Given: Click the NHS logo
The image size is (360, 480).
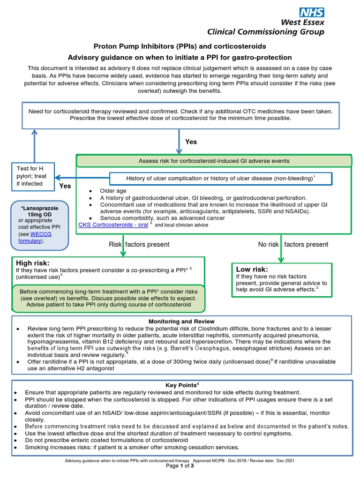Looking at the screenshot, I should (x=312, y=12).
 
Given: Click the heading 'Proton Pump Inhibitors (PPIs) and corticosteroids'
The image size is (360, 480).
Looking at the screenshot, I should (x=180, y=46).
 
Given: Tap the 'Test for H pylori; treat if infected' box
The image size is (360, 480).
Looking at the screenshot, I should (x=33, y=177).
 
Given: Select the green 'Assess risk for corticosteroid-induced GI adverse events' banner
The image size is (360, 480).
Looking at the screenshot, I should (x=214, y=161).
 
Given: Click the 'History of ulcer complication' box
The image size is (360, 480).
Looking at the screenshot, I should (x=220, y=179).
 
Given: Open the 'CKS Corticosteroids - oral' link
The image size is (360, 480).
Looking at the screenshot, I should (x=112, y=225).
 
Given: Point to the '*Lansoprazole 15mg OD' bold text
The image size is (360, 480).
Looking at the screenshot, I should (x=39, y=210).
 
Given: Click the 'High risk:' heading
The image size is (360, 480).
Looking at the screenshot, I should (x=32, y=263).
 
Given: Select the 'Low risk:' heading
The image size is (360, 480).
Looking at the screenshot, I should (x=252, y=269).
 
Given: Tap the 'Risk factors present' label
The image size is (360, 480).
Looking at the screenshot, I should (x=139, y=244).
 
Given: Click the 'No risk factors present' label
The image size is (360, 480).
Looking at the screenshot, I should (x=293, y=244).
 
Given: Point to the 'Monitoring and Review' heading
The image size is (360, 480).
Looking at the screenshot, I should (x=181, y=322).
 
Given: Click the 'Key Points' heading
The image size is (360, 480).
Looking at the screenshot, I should (x=180, y=385).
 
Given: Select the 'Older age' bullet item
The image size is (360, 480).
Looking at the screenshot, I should (x=112, y=191).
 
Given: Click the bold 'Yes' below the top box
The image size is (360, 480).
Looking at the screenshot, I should (x=191, y=142).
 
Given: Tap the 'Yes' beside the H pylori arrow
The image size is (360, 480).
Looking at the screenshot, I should (x=65, y=186).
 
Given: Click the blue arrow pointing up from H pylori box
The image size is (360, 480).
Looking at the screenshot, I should (x=34, y=145).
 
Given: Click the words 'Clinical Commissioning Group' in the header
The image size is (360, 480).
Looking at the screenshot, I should (x=265, y=32).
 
